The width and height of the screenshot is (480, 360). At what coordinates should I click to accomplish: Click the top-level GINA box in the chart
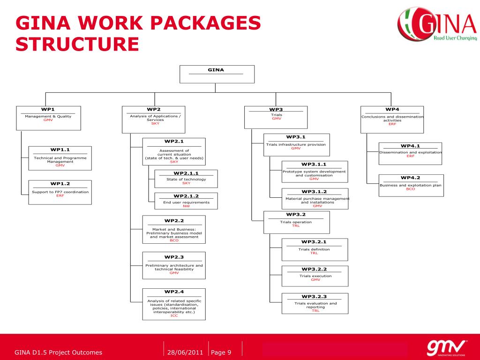(217, 74)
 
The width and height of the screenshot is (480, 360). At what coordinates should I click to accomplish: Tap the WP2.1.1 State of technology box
(186, 179)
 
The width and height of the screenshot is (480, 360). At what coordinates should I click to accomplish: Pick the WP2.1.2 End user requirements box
(186, 200)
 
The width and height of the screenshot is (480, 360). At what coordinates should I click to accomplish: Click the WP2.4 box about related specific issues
(174, 304)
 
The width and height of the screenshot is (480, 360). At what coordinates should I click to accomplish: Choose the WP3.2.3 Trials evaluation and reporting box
(315, 303)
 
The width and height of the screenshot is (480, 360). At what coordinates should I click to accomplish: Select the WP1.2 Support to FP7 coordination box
(60, 192)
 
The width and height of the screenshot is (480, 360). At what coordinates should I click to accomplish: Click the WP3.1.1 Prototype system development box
(315, 171)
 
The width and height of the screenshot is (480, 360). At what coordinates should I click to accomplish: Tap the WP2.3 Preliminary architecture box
(174, 265)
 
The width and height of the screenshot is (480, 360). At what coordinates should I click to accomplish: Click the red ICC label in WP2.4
(174, 315)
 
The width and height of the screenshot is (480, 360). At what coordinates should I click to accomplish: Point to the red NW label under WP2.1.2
(186, 206)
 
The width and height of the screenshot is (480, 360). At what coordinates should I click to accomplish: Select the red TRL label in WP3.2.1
(314, 253)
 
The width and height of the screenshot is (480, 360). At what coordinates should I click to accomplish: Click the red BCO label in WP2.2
(174, 240)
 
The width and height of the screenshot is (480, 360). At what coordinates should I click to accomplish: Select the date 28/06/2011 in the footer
(185, 352)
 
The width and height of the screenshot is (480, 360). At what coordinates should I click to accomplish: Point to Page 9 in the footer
(221, 352)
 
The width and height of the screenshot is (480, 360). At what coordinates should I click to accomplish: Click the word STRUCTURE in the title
(77, 44)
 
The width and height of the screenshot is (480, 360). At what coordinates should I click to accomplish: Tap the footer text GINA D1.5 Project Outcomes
(58, 352)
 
